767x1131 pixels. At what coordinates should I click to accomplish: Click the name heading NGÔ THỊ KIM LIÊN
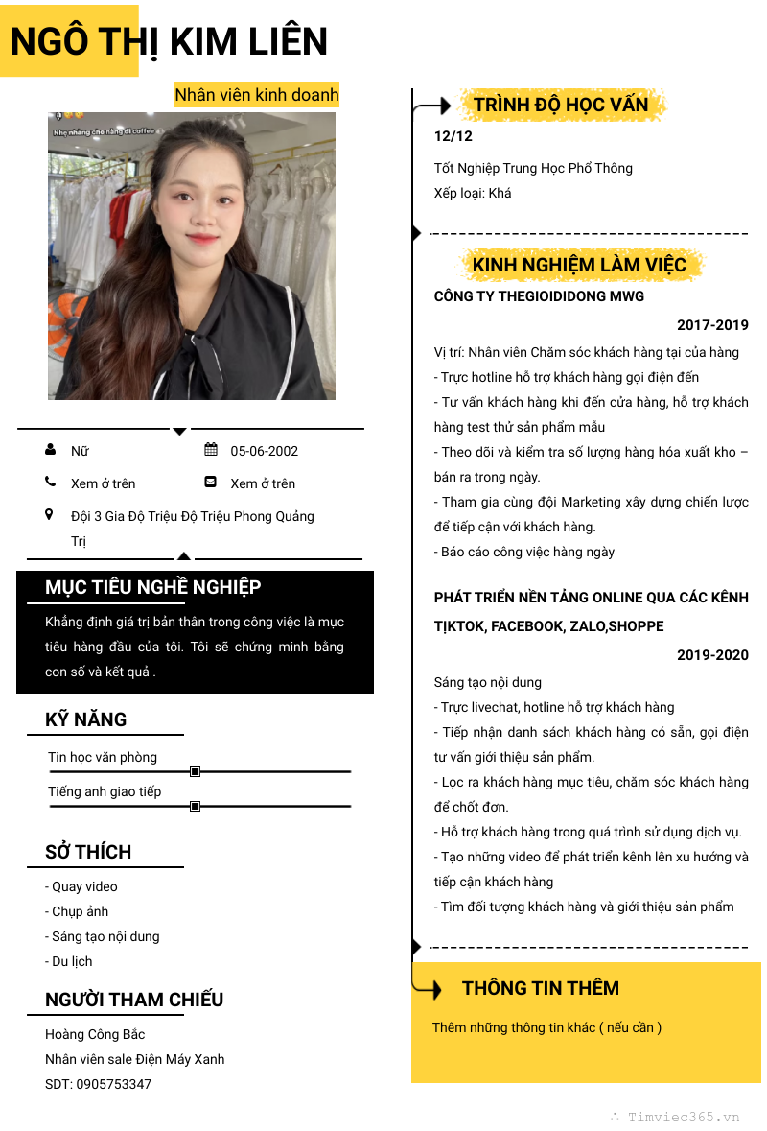169,41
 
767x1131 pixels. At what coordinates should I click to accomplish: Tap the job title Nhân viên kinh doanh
257,95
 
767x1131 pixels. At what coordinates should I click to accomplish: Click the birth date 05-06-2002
265,451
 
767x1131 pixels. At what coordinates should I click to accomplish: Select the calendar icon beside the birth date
211,450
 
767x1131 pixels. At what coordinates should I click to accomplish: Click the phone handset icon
50,482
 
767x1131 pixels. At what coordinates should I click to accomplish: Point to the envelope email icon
211,482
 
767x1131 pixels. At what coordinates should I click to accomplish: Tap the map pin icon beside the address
50,515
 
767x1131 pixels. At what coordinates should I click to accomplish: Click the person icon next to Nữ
50,450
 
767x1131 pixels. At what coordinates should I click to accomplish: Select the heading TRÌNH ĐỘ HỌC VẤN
561,105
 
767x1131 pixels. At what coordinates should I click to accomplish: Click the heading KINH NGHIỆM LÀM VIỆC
579,265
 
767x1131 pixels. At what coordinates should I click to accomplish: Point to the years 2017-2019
712,325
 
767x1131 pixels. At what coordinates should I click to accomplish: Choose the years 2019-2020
712,655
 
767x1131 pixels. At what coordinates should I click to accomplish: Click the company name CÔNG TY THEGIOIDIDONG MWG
539,296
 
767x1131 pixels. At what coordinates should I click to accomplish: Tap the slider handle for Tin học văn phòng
196,771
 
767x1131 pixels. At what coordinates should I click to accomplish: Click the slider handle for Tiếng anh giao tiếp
196,807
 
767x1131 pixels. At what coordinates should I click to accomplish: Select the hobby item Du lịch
69,961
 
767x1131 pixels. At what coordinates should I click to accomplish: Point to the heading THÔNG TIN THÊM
541,988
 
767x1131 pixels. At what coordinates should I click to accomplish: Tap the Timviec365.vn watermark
684,1117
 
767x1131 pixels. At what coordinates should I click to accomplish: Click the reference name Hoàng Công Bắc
95,1034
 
